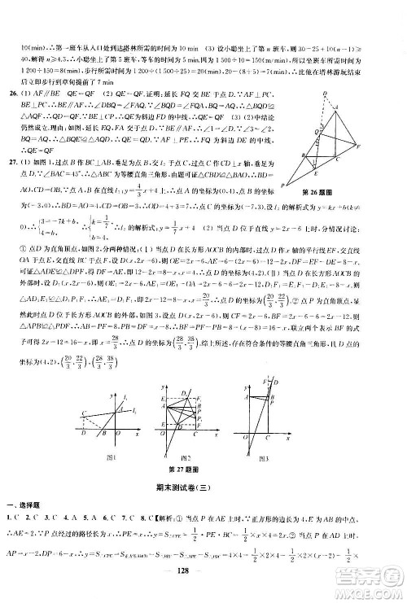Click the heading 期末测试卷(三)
pyautogui.click(x=202, y=486)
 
